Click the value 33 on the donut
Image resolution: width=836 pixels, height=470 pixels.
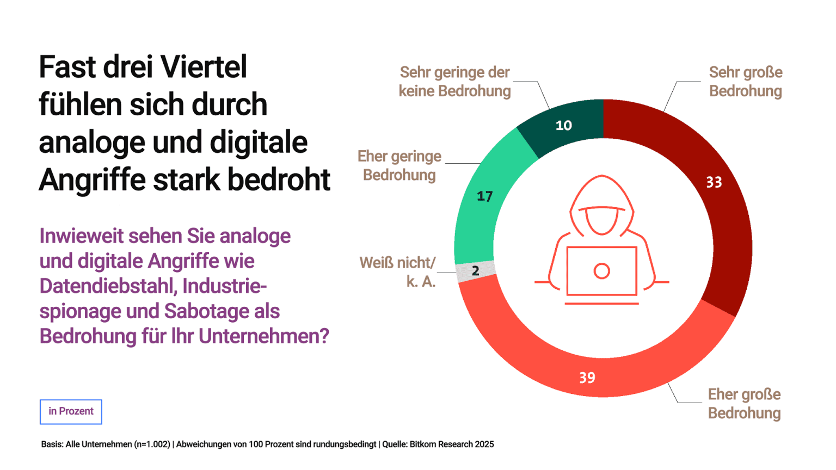[x=714, y=182]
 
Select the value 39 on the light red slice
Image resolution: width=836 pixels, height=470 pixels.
[x=587, y=378]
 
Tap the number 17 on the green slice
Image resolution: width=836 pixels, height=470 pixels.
[x=484, y=196]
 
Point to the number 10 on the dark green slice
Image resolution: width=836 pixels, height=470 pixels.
[x=563, y=126]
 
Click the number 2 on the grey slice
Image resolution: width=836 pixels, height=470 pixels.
[x=475, y=271]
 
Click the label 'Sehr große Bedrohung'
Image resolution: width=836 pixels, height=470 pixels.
[x=745, y=82]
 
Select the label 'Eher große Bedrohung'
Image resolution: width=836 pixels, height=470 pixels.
[x=744, y=404]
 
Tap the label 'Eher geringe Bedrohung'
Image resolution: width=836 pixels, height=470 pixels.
[x=399, y=165]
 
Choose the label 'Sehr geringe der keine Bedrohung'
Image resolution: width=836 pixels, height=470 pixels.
[x=454, y=82]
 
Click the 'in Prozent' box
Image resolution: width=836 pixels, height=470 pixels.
[x=71, y=411]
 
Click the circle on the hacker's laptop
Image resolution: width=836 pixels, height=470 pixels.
[x=601, y=271]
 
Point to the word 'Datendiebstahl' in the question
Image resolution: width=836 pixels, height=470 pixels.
[x=107, y=286]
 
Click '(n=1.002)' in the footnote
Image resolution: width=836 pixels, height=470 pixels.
[x=152, y=444]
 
